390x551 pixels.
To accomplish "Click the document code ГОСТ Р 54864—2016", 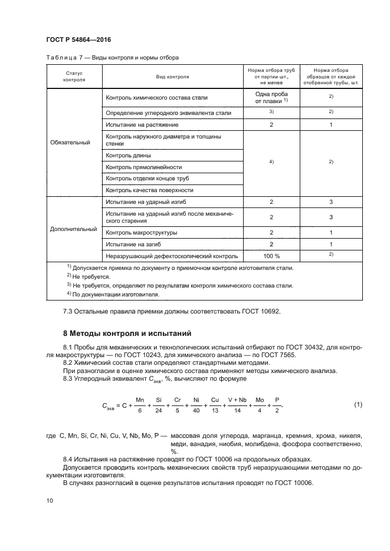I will [78, 39].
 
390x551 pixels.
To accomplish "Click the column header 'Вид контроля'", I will [172, 77].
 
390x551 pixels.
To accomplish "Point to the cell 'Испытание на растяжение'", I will [142, 125].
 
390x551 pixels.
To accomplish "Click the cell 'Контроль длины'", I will [128, 156].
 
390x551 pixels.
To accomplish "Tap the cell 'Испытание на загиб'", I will [134, 244].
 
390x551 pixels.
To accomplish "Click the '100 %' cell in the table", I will [271, 256].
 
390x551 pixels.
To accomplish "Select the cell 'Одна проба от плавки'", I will [271, 98].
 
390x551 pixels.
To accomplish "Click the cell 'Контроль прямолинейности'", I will [143, 167].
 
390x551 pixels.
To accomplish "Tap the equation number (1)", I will [357, 404].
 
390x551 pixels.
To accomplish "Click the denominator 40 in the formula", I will [196, 411].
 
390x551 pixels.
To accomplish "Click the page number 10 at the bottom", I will [50, 500].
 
